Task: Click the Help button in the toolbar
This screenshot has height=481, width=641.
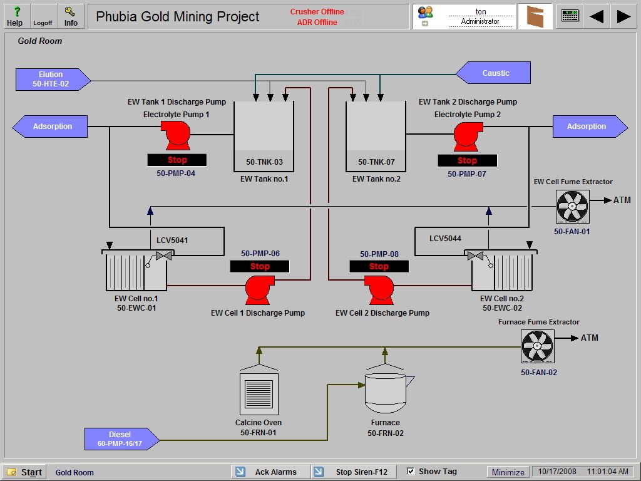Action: click(14, 16)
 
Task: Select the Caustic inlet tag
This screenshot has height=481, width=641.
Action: click(495, 73)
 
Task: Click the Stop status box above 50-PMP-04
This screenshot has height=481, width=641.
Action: click(177, 160)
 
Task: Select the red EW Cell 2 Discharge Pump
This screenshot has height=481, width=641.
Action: click(379, 290)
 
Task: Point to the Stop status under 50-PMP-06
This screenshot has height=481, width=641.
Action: click(260, 267)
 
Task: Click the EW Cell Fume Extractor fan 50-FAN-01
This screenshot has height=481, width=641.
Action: click(572, 207)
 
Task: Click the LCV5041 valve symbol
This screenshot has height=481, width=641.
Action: click(164, 256)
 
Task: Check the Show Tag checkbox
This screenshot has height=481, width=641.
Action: click(411, 472)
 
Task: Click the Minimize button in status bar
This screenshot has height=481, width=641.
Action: click(508, 472)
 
